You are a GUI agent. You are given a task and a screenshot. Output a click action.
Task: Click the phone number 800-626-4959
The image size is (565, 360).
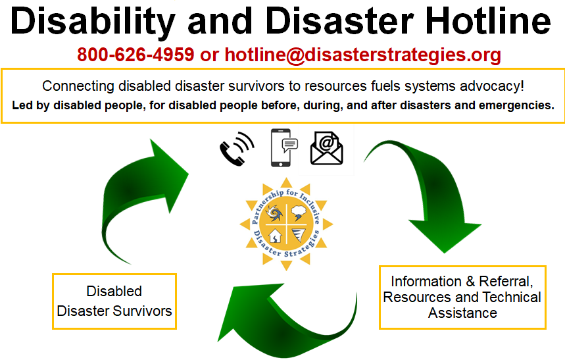tap(135, 55)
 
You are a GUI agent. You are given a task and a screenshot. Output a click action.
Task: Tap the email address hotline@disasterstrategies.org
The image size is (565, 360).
tap(363, 55)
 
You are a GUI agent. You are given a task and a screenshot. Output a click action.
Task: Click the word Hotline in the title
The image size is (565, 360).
tap(488, 21)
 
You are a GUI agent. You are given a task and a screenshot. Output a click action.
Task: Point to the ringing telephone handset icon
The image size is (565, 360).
tap(237, 149)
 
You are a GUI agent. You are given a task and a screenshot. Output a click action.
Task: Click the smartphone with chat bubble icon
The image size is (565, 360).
tap(284, 147)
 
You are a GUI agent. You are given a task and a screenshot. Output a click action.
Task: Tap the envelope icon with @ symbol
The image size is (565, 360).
tap(326, 148)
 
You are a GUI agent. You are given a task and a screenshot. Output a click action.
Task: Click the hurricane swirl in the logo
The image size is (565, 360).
tap(274, 213)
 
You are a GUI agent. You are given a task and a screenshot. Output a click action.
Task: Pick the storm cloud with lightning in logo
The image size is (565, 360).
tap(299, 213)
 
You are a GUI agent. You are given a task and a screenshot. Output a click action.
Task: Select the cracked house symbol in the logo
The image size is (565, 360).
tap(276, 236)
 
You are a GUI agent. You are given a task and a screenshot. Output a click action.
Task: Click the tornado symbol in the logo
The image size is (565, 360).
tap(299, 235)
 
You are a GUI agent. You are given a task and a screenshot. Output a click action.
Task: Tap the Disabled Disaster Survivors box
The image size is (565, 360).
tap(114, 301)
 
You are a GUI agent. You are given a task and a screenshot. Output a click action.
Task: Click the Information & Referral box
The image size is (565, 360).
tap(462, 297)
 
